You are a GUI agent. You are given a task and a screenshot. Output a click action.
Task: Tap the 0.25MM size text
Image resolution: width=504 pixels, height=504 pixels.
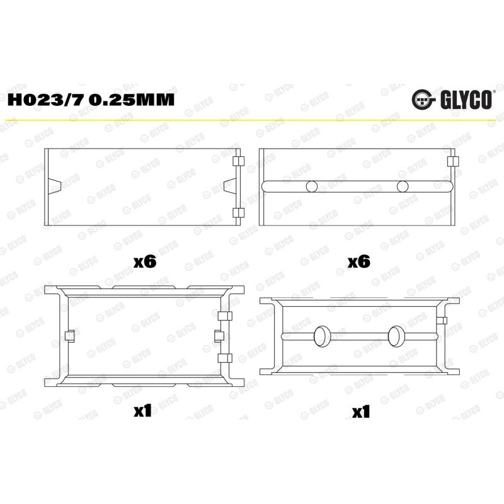pyautogui.click(x=132, y=100)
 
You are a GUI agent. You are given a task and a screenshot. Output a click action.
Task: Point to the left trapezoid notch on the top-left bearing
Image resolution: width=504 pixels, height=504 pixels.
pyautogui.click(x=54, y=186)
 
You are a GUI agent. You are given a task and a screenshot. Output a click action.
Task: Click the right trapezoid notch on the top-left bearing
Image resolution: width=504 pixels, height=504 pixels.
pyautogui.click(x=230, y=186)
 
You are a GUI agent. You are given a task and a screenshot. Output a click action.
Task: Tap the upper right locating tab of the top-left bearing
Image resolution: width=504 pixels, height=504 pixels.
pyautogui.click(x=239, y=161)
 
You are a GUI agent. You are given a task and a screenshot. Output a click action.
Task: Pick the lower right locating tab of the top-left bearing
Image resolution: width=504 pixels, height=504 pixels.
pyautogui.click(x=239, y=212)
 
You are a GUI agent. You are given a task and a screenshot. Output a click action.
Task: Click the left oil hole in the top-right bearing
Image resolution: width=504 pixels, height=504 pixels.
pyautogui.click(x=311, y=186)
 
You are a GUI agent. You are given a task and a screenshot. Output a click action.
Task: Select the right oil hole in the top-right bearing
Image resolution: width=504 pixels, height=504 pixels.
pyautogui.click(x=403, y=186)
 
